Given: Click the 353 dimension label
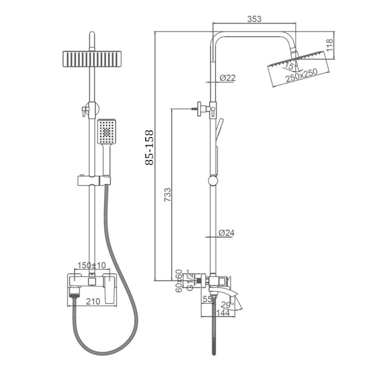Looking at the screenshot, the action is point(254,19).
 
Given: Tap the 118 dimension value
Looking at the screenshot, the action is point(329,45).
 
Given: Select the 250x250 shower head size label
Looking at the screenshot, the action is point(302,75).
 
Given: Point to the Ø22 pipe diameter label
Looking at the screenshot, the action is point(228,78).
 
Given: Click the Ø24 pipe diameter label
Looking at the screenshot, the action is point(227,233).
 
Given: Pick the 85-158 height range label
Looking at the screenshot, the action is point(149,147).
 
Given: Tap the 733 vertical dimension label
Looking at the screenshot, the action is point(167,194).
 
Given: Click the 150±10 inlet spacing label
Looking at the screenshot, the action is point(92,265).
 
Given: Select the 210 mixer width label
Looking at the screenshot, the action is point(93,301).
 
